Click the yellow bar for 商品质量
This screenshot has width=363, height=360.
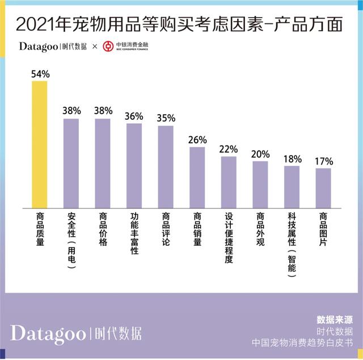(39, 145)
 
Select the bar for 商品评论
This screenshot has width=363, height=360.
(166, 167)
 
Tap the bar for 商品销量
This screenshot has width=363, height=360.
(197, 178)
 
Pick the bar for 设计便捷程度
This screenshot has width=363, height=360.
(229, 182)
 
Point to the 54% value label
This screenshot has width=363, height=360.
(40, 74)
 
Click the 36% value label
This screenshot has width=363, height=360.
(134, 116)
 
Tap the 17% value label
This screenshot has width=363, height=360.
(323, 161)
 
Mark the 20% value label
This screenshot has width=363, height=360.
(260, 154)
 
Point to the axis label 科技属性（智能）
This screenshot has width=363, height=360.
(292, 245)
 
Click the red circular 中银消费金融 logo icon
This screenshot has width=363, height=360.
(108, 46)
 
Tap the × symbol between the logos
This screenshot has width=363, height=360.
(95, 47)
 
